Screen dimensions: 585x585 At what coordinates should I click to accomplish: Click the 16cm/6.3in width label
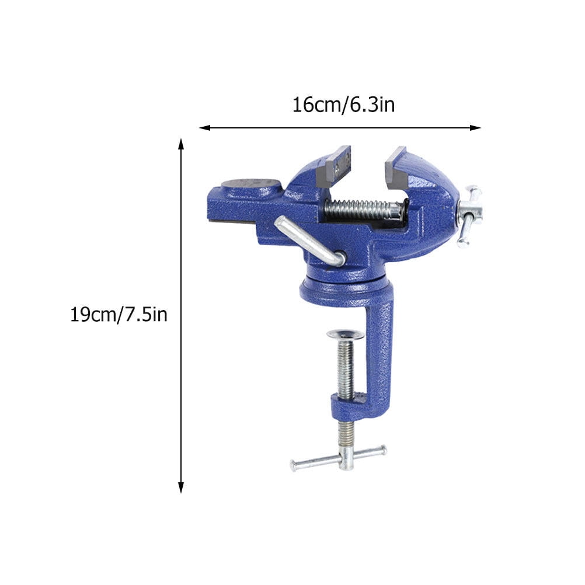coord(343,105)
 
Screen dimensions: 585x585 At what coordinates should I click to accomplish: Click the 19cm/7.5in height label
coord(119,315)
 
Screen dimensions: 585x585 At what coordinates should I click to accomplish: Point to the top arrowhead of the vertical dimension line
coord(181,144)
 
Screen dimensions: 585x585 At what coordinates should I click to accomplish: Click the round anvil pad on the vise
coord(252,184)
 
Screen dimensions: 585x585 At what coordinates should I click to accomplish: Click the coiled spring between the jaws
coord(362,208)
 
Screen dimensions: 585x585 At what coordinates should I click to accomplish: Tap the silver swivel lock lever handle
coord(307,239)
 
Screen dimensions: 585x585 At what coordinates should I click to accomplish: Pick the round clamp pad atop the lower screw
coord(345,335)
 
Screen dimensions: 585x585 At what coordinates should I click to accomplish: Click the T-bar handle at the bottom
coord(339,458)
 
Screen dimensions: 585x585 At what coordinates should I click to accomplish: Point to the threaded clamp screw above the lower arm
coord(346,368)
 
